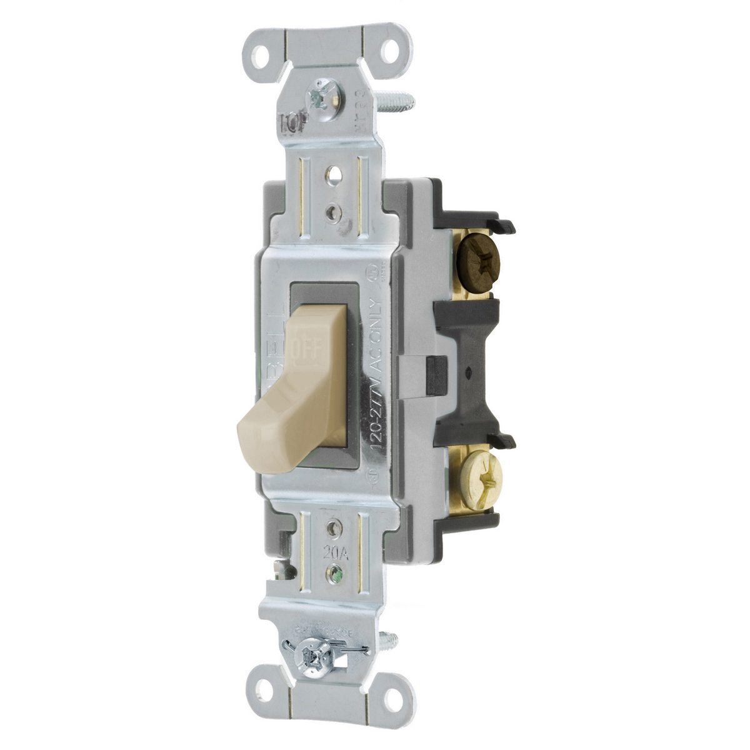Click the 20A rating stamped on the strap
336,552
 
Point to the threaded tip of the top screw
400,98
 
